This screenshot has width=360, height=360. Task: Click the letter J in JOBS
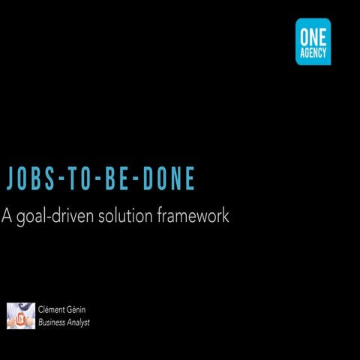click(x=10, y=178)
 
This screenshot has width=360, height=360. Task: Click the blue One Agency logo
click(x=313, y=41)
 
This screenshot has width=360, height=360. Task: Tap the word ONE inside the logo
click(x=313, y=35)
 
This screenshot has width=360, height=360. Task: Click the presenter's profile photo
click(x=20, y=315)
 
